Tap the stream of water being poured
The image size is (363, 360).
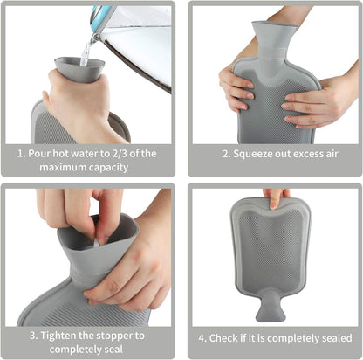(x=86, y=53)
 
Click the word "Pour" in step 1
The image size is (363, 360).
(x=38, y=154)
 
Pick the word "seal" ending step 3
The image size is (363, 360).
(x=113, y=349)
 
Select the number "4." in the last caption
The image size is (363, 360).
(x=202, y=338)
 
